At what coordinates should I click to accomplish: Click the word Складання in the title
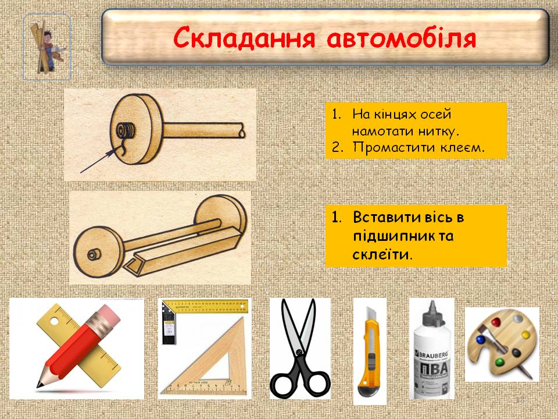(x=244, y=38)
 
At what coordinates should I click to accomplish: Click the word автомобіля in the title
(x=401, y=38)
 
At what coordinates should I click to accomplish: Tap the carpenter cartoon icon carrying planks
(x=47, y=47)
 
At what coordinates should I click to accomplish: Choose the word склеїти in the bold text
(x=381, y=254)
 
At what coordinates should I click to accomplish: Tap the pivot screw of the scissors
(x=299, y=353)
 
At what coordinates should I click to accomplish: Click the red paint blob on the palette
(x=496, y=322)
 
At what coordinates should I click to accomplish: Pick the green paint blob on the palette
(x=499, y=363)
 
